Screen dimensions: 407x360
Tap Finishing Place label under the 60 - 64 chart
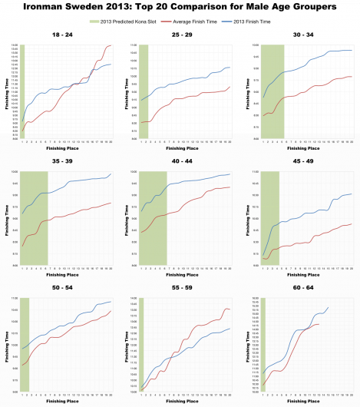pos(306,400)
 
